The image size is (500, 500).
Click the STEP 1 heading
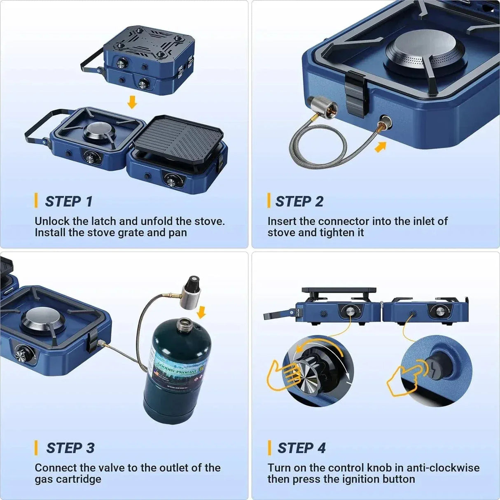coord(68,201)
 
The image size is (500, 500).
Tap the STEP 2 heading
coord(299,201)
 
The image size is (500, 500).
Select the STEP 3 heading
coord(70,448)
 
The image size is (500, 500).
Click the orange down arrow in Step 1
coord(132,102)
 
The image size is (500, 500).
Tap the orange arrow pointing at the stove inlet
coord(381,146)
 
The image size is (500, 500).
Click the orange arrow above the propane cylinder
coord(201,312)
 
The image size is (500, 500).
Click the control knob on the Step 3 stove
coord(20,353)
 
